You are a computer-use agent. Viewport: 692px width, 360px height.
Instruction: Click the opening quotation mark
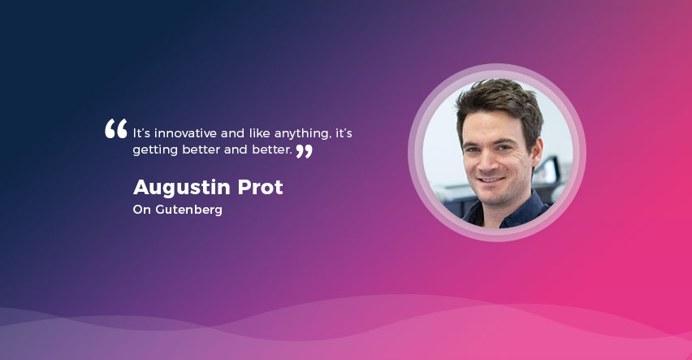[x=116, y=128]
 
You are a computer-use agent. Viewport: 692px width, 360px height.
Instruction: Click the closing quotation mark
[x=304, y=151]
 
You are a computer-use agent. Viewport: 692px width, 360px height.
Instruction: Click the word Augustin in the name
[x=182, y=188]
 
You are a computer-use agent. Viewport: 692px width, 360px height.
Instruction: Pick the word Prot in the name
[x=261, y=187]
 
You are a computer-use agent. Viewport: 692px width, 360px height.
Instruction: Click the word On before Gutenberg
[x=142, y=210]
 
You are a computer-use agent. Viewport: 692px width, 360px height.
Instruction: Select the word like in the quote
[x=260, y=133]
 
